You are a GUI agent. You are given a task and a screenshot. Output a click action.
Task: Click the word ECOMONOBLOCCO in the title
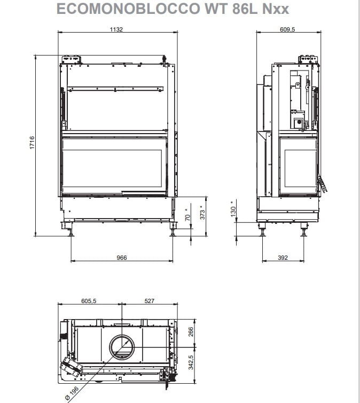tap(128, 9)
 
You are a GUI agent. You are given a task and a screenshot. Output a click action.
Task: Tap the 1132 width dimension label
tap(116, 29)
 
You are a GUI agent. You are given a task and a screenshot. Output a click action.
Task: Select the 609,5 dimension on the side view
tap(287, 29)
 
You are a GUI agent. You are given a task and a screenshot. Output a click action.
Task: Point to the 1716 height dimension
tap(32, 143)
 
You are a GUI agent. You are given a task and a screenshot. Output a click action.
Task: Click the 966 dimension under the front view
tap(122, 258)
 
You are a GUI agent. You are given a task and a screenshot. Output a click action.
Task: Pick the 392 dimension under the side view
tap(283, 258)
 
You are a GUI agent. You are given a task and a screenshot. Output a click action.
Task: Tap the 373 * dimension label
tap(202, 212)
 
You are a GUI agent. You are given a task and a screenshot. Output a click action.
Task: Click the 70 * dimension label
tap(187, 215)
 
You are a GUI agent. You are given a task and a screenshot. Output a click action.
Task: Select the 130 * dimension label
tap(233, 209)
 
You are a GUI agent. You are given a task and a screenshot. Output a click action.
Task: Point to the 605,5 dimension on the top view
tap(89, 301)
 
